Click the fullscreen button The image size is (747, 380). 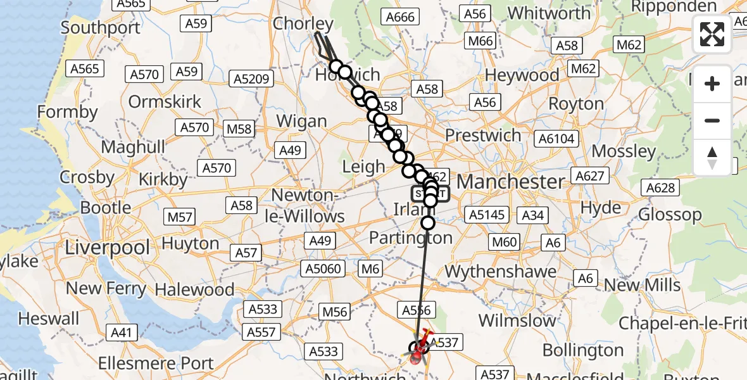(712, 34)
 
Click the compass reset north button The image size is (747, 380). (712, 158)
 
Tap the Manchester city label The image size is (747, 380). (510, 182)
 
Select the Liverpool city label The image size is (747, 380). (108, 247)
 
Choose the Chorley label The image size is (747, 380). (303, 24)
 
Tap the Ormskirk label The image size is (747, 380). (165, 101)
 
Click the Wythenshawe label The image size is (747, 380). (501, 272)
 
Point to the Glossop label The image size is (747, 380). (670, 214)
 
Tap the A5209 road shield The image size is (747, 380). (253, 79)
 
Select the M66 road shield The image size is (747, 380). (480, 42)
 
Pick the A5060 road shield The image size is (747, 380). (326, 269)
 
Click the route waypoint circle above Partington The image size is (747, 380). (429, 223)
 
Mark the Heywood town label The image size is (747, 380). (522, 75)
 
